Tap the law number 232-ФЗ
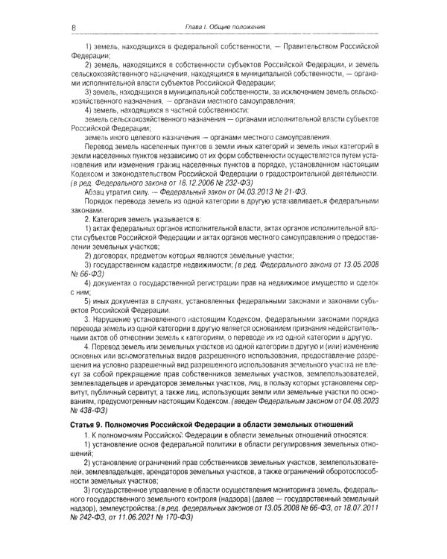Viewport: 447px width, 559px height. coord(232,182)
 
